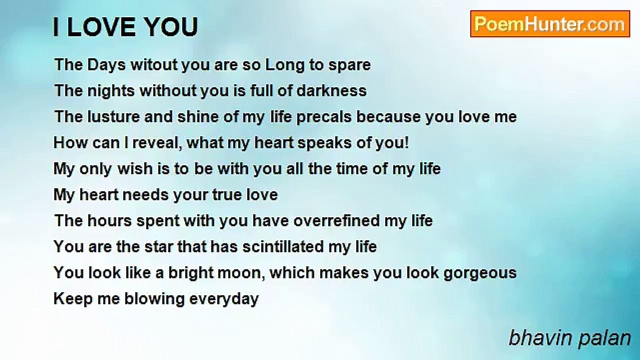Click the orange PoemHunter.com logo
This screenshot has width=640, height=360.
550,24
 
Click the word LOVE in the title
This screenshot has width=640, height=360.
101,27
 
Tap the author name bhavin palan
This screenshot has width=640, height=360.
569,338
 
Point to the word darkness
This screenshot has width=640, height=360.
331,90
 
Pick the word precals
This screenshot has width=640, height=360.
324,117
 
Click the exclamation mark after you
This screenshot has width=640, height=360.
407,142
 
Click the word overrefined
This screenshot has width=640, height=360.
336,220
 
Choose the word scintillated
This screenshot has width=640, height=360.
283,246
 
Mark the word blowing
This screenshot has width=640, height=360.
154,299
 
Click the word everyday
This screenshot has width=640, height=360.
224,299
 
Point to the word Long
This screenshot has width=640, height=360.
284,65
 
